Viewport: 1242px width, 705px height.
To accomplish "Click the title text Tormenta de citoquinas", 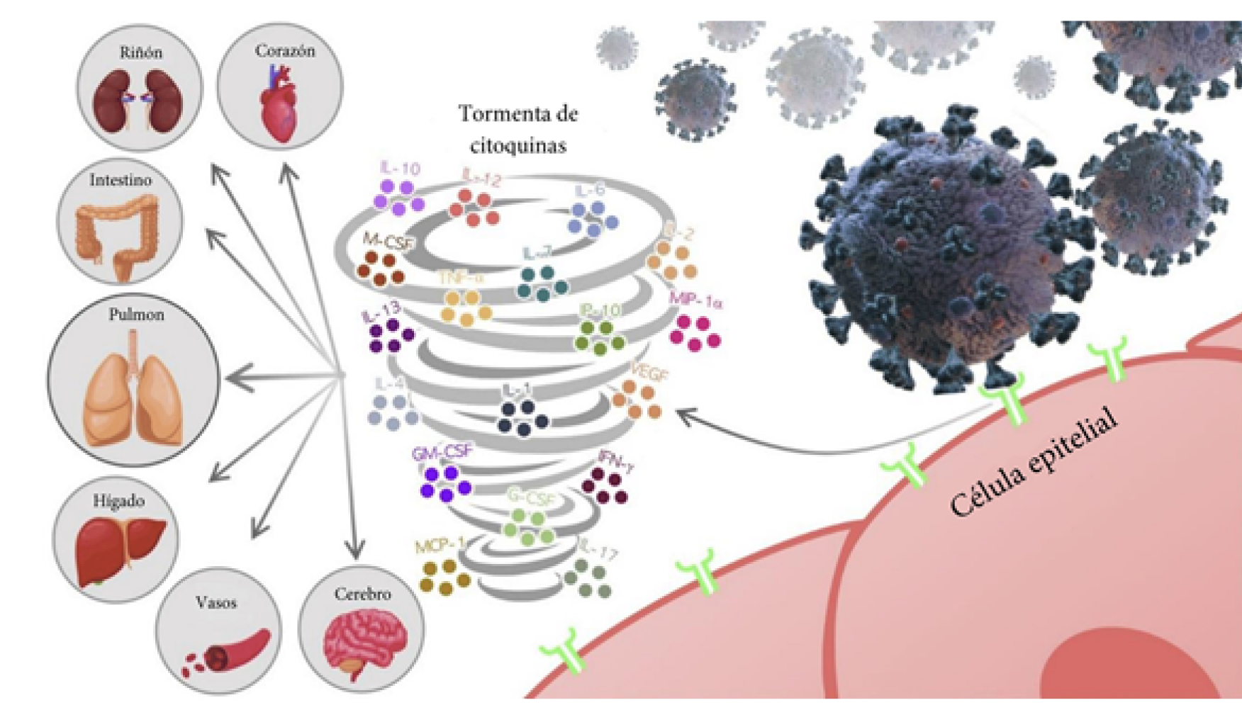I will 518,129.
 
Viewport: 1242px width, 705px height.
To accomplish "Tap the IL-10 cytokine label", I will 400,169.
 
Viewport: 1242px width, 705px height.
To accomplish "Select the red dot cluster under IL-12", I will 474,208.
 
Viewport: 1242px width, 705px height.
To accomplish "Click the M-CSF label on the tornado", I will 387,241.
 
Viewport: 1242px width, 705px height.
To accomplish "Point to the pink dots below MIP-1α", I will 695,333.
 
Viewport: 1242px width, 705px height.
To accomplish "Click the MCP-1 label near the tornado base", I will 440,546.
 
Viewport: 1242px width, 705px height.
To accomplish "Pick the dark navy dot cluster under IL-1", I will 522,417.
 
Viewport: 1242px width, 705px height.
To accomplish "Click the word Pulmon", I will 136,315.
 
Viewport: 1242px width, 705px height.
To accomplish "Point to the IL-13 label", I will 381,311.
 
